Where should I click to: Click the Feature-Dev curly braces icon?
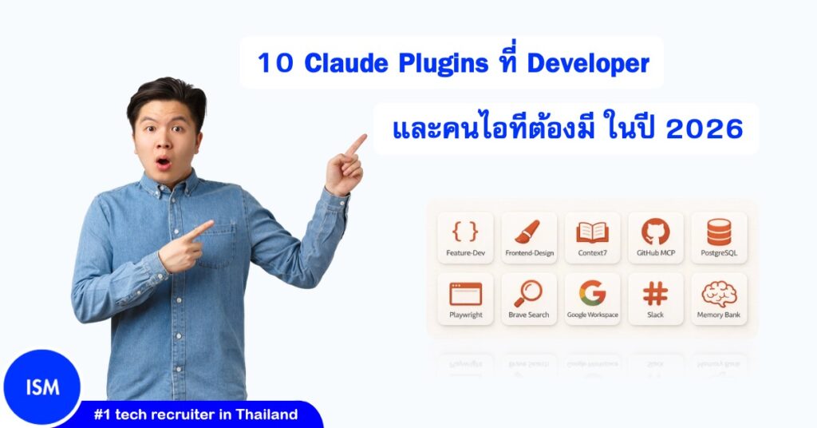coord(465,232)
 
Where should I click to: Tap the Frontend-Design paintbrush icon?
coord(528,232)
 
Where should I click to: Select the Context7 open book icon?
coord(592,232)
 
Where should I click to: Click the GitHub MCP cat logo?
coord(656,232)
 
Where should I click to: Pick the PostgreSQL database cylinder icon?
coord(719,232)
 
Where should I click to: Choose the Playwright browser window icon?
coord(465,293)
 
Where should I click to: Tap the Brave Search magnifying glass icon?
coord(528,293)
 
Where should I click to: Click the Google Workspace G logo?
coord(592,293)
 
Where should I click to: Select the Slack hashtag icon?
coord(656,293)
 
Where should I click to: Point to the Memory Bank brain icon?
coord(719,293)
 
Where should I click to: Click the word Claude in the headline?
coord(340,63)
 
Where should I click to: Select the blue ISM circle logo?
coord(41,389)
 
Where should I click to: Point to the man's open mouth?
coord(163,163)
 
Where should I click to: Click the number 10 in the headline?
coord(274,63)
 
